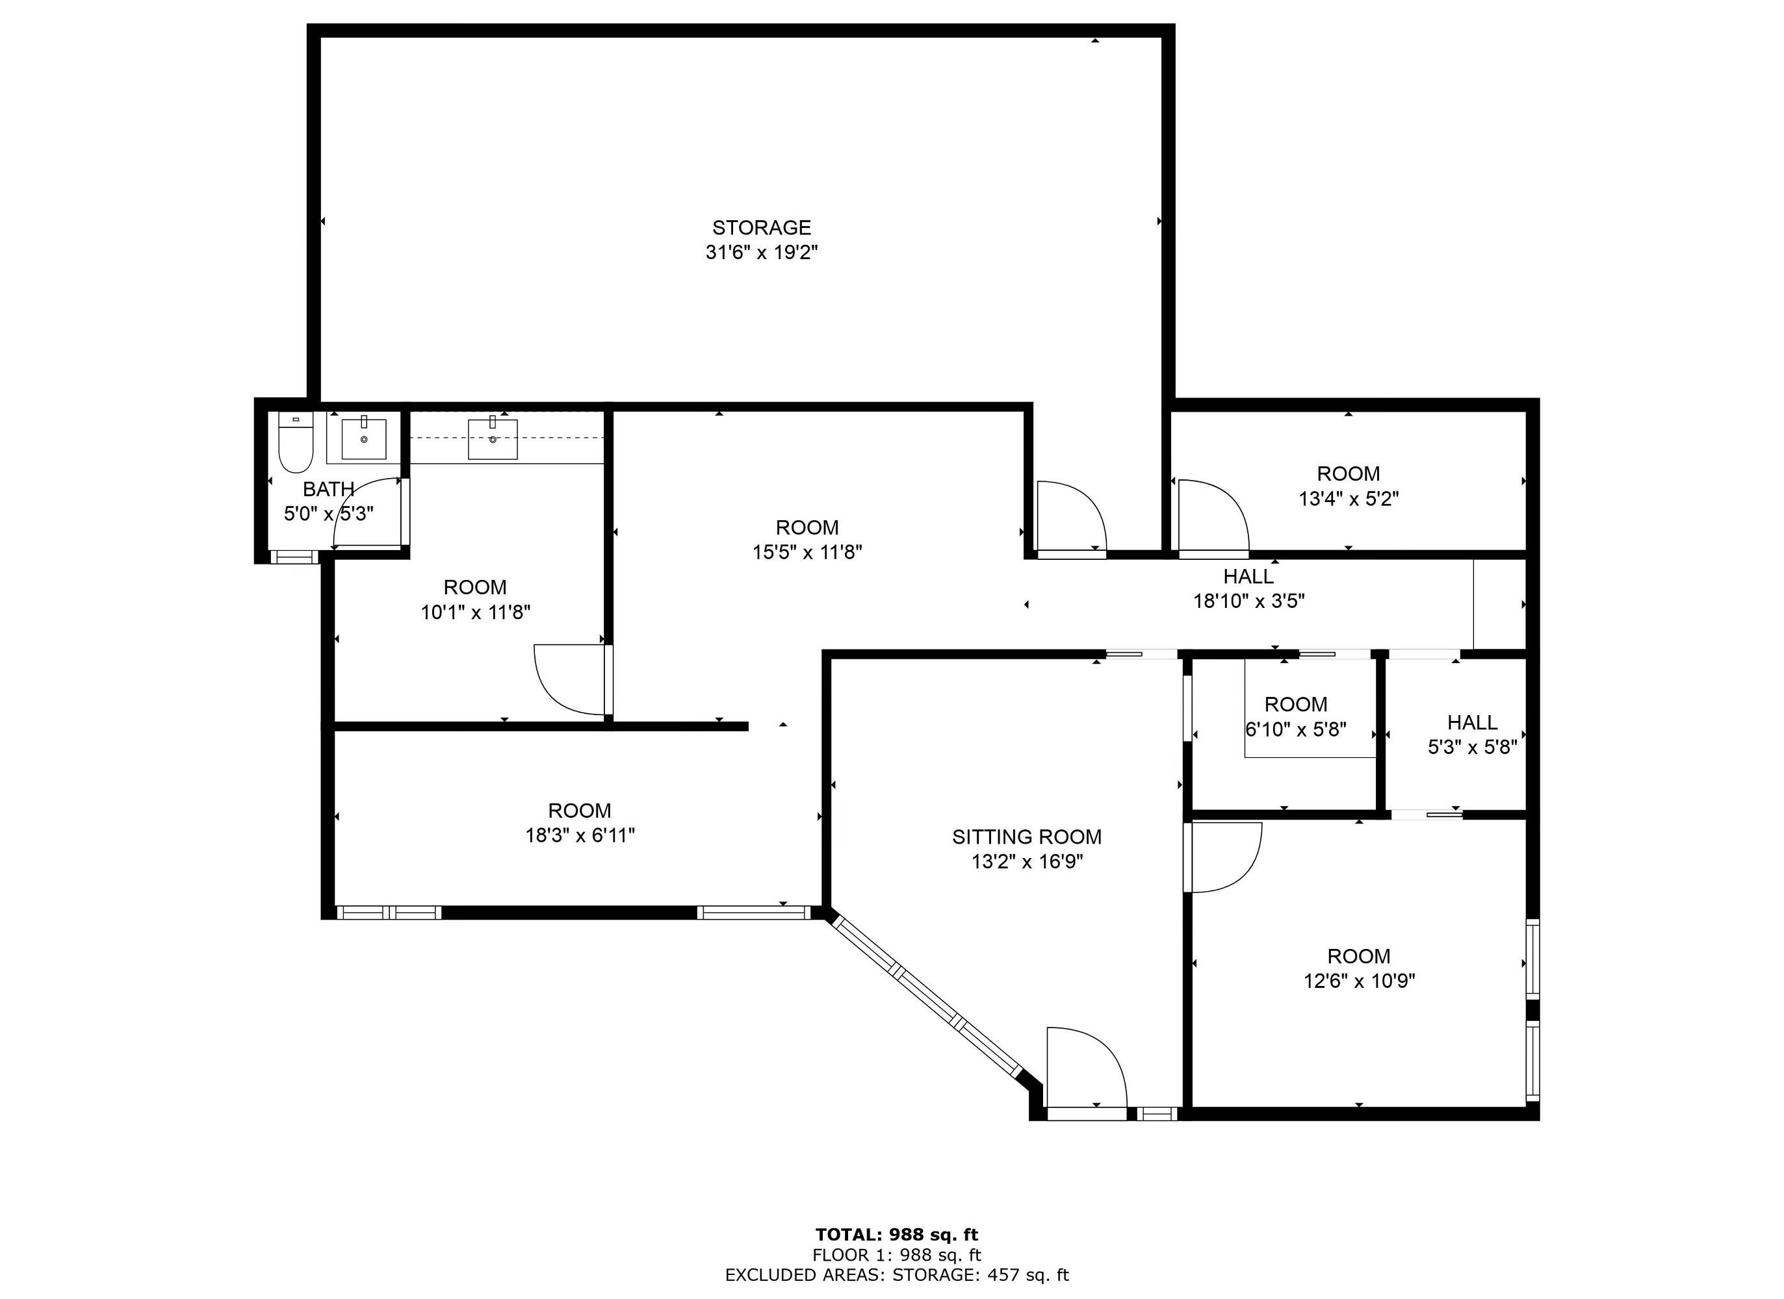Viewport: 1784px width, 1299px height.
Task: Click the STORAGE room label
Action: point(762,228)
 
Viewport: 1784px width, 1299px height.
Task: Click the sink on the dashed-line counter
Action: point(493,438)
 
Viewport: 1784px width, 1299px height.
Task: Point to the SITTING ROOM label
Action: point(1026,837)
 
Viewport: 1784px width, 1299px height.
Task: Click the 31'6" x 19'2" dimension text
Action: point(762,253)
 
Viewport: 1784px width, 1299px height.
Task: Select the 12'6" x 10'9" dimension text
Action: point(1359,981)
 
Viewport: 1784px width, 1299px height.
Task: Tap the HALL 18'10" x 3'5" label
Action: point(1248,589)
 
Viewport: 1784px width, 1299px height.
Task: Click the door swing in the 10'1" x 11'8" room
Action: point(570,681)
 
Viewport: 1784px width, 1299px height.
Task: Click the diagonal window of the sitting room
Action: point(926,994)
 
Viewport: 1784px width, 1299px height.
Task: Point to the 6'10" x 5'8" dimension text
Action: point(1295,729)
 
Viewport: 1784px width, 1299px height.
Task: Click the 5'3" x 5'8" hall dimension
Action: point(1473,747)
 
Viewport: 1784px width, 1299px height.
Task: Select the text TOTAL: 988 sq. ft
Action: point(897,1235)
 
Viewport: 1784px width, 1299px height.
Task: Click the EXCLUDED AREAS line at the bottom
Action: point(897,1276)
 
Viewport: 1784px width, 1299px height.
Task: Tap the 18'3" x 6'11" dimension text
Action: point(580,835)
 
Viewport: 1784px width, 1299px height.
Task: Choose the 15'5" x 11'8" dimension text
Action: point(807,552)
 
